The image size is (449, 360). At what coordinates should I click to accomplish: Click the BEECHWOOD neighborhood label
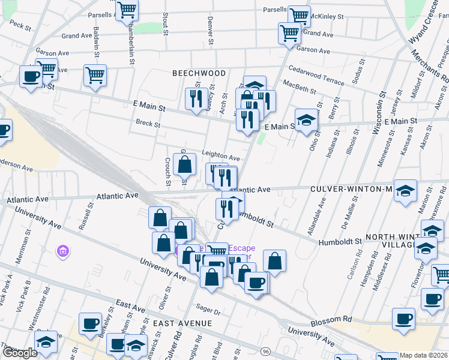pos(199,73)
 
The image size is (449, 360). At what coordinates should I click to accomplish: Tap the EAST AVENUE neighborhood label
pos(182,323)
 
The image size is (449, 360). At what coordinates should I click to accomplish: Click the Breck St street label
pos(148,125)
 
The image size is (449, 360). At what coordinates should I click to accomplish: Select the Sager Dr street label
pos(208,311)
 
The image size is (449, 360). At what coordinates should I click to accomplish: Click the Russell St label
pos(91,213)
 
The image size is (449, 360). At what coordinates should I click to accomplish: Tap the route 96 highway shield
pos(264,350)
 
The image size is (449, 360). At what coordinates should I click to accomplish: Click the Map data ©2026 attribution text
pos(423,355)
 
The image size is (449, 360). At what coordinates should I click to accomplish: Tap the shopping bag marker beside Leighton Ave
pos(185,163)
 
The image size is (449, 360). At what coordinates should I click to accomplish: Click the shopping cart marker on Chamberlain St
pos(127,10)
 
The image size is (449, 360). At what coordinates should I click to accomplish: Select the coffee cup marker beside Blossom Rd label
pos(403,318)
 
